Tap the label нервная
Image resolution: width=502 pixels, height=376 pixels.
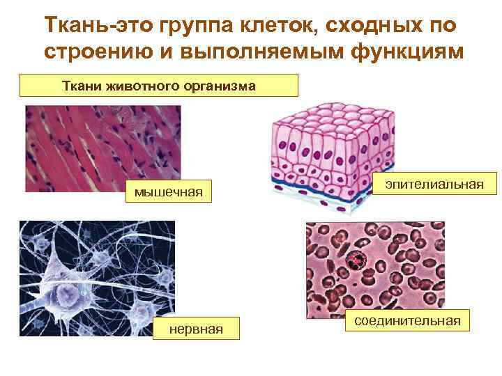(x=196, y=327)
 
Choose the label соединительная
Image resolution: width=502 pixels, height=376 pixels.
(x=407, y=320)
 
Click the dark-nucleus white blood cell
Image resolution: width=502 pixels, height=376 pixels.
(x=358, y=260)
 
